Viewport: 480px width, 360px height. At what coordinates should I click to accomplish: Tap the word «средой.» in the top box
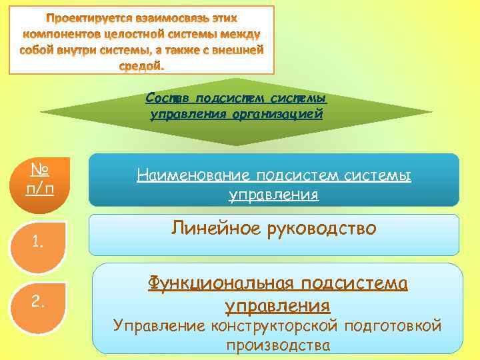click(141, 66)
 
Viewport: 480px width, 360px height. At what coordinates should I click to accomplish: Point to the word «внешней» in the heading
click(239, 50)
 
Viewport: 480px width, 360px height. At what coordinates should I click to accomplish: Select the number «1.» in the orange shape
click(37, 243)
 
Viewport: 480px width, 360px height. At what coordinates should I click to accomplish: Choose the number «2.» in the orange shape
click(37, 303)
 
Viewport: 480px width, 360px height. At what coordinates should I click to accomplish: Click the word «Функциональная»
click(221, 283)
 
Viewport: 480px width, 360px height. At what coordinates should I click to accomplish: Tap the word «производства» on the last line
click(277, 345)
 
